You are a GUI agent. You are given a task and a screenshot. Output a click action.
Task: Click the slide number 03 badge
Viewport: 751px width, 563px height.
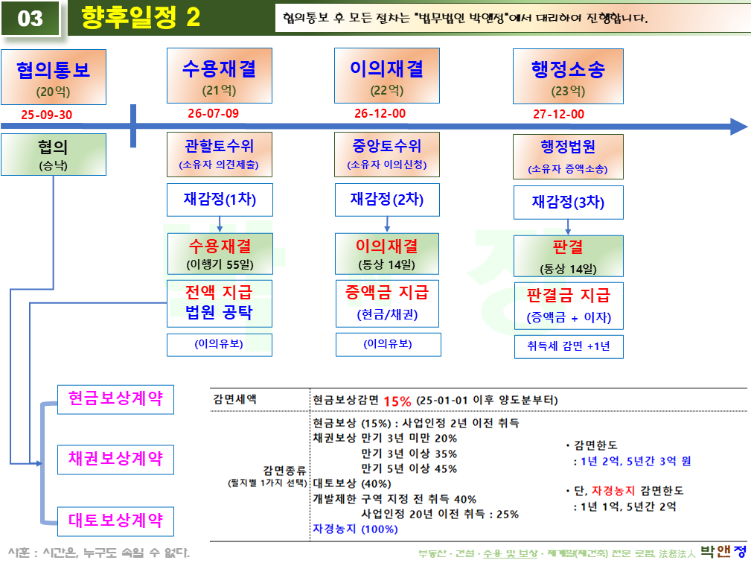tap(30, 18)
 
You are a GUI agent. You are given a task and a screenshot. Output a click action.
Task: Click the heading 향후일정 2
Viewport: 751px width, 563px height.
tap(141, 18)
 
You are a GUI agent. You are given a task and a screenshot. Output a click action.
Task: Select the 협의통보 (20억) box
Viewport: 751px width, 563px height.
tap(53, 77)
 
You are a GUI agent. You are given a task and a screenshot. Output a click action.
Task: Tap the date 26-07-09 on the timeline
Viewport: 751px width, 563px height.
tap(213, 113)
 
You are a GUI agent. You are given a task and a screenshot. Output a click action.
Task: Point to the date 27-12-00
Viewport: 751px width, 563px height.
tap(558, 114)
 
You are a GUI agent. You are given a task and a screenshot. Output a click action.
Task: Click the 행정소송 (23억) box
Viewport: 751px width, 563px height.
tap(568, 77)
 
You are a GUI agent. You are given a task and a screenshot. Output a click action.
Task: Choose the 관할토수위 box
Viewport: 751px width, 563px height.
tap(220, 154)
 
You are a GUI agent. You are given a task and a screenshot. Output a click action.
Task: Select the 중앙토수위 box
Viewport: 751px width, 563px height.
tap(387, 154)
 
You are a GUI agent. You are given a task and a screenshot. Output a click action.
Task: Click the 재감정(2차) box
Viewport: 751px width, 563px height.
tap(387, 200)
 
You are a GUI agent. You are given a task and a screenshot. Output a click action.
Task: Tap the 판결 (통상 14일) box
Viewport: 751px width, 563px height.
tap(569, 255)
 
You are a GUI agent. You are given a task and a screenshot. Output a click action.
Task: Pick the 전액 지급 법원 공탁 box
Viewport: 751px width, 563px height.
tap(220, 302)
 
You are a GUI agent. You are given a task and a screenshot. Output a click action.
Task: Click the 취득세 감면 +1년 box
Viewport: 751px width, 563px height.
tap(569, 346)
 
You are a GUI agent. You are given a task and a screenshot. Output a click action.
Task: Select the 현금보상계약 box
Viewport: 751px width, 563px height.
tap(115, 398)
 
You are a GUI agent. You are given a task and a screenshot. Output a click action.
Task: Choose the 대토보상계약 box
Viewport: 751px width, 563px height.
tap(115, 518)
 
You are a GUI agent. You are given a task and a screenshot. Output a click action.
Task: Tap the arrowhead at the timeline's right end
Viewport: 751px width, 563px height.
tap(738, 126)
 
